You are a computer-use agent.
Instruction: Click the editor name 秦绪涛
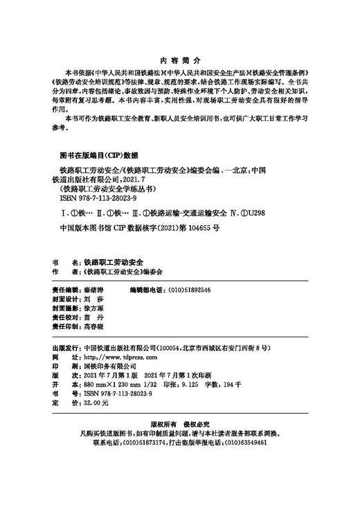click(x=92, y=290)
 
